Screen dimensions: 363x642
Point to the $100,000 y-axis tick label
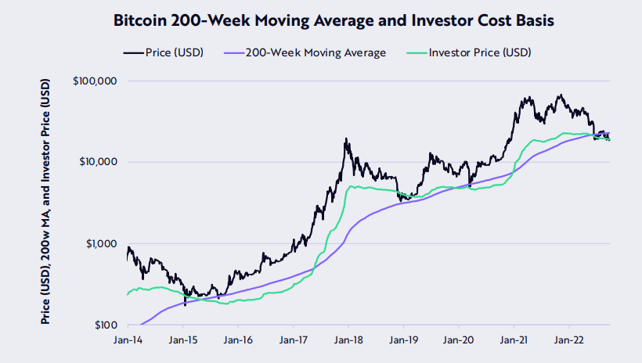click(95, 81)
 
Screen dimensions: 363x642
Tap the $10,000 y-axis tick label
click(97, 162)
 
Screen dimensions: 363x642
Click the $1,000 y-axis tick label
click(100, 243)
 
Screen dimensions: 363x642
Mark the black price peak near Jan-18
click(345, 139)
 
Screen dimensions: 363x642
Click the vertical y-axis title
click(46, 202)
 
